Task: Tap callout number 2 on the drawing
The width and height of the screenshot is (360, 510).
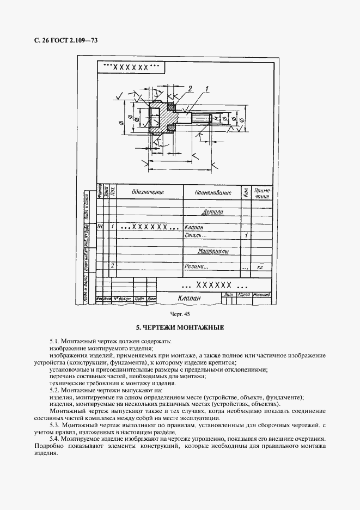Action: pyautogui.click(x=190, y=88)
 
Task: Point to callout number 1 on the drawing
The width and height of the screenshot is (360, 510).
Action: pyautogui.click(x=208, y=88)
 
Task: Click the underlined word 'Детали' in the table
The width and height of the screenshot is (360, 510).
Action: pyautogui.click(x=212, y=212)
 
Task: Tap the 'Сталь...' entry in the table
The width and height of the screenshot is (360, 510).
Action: pyautogui.click(x=196, y=235)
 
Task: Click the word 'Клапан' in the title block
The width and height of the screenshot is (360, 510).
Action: pyautogui.click(x=189, y=298)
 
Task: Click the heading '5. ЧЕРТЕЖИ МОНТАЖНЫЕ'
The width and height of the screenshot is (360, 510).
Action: pyautogui.click(x=180, y=328)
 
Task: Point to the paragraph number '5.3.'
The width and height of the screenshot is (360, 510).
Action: pyautogui.click(x=54, y=424)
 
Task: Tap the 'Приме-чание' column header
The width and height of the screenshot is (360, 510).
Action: pyautogui.click(x=262, y=192)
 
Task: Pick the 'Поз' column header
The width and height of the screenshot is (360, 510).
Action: pyautogui.click(x=112, y=192)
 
